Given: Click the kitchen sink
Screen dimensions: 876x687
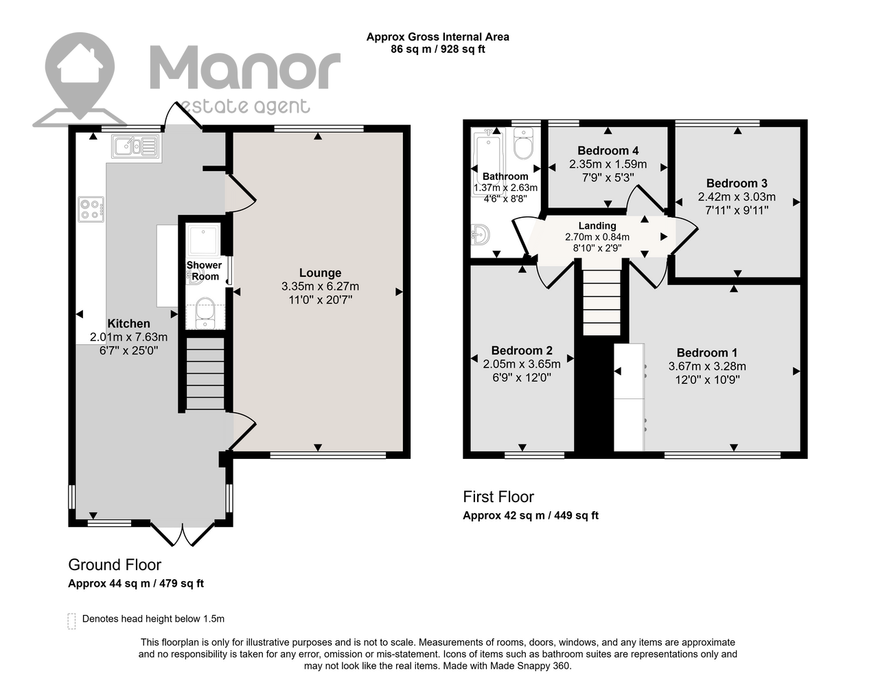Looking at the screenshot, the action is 135,146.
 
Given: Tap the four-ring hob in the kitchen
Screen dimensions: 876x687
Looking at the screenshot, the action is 91,210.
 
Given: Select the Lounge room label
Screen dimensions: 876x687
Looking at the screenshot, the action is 320,273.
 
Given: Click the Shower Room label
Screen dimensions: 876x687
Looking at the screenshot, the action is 204,271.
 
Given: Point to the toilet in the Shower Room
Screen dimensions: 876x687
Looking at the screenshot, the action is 205,313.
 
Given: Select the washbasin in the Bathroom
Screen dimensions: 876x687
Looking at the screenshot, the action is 481,234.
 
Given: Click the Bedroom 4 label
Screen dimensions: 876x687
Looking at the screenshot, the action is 608,151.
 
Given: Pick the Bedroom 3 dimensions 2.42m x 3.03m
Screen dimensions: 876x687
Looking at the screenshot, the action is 737,197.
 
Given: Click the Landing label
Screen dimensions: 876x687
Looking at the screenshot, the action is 597,226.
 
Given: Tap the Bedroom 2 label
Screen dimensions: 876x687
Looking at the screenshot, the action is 522,350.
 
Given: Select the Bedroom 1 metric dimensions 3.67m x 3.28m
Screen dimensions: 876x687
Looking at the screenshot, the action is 707,366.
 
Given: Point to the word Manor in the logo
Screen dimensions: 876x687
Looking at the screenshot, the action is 245,68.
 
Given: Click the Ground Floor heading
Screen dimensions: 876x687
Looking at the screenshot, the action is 115,565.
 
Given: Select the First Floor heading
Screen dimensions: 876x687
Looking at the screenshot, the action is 498,497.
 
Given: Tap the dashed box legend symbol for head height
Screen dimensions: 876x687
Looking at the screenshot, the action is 72,621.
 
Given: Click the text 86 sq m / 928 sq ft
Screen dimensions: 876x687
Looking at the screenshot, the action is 438,49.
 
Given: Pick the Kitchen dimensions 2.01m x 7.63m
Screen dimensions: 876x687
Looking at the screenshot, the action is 128,337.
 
